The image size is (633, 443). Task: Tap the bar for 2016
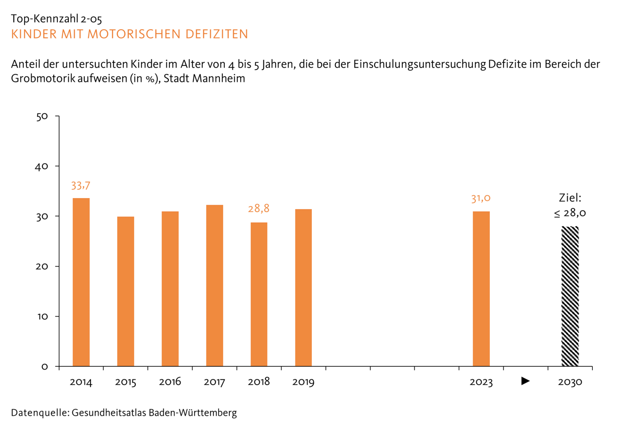170,289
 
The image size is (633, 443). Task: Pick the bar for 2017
215,285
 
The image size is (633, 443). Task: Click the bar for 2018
259,294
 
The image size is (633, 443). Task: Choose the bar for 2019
303,288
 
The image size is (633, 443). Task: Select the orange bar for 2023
481,289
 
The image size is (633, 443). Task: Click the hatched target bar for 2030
570,296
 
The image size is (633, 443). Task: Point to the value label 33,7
80,186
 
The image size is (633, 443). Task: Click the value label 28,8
258,209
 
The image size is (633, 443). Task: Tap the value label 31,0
481,199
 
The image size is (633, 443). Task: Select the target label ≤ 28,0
570,213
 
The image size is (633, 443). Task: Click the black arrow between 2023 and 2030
526,381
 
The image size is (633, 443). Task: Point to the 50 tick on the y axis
42,116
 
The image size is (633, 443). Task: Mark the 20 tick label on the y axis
42,267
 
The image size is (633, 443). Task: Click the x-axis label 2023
481,382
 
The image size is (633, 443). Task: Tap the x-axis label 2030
570,382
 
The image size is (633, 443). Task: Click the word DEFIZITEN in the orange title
217,34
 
